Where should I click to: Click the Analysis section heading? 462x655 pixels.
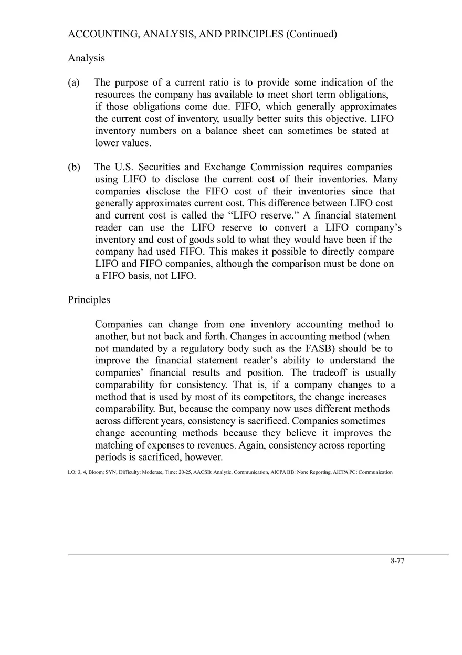click(86, 58)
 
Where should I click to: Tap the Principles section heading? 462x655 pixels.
click(89, 300)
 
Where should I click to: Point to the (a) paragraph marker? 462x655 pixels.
click(74, 82)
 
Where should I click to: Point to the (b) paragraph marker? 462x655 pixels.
click(74, 167)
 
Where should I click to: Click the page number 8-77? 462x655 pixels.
click(397, 560)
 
